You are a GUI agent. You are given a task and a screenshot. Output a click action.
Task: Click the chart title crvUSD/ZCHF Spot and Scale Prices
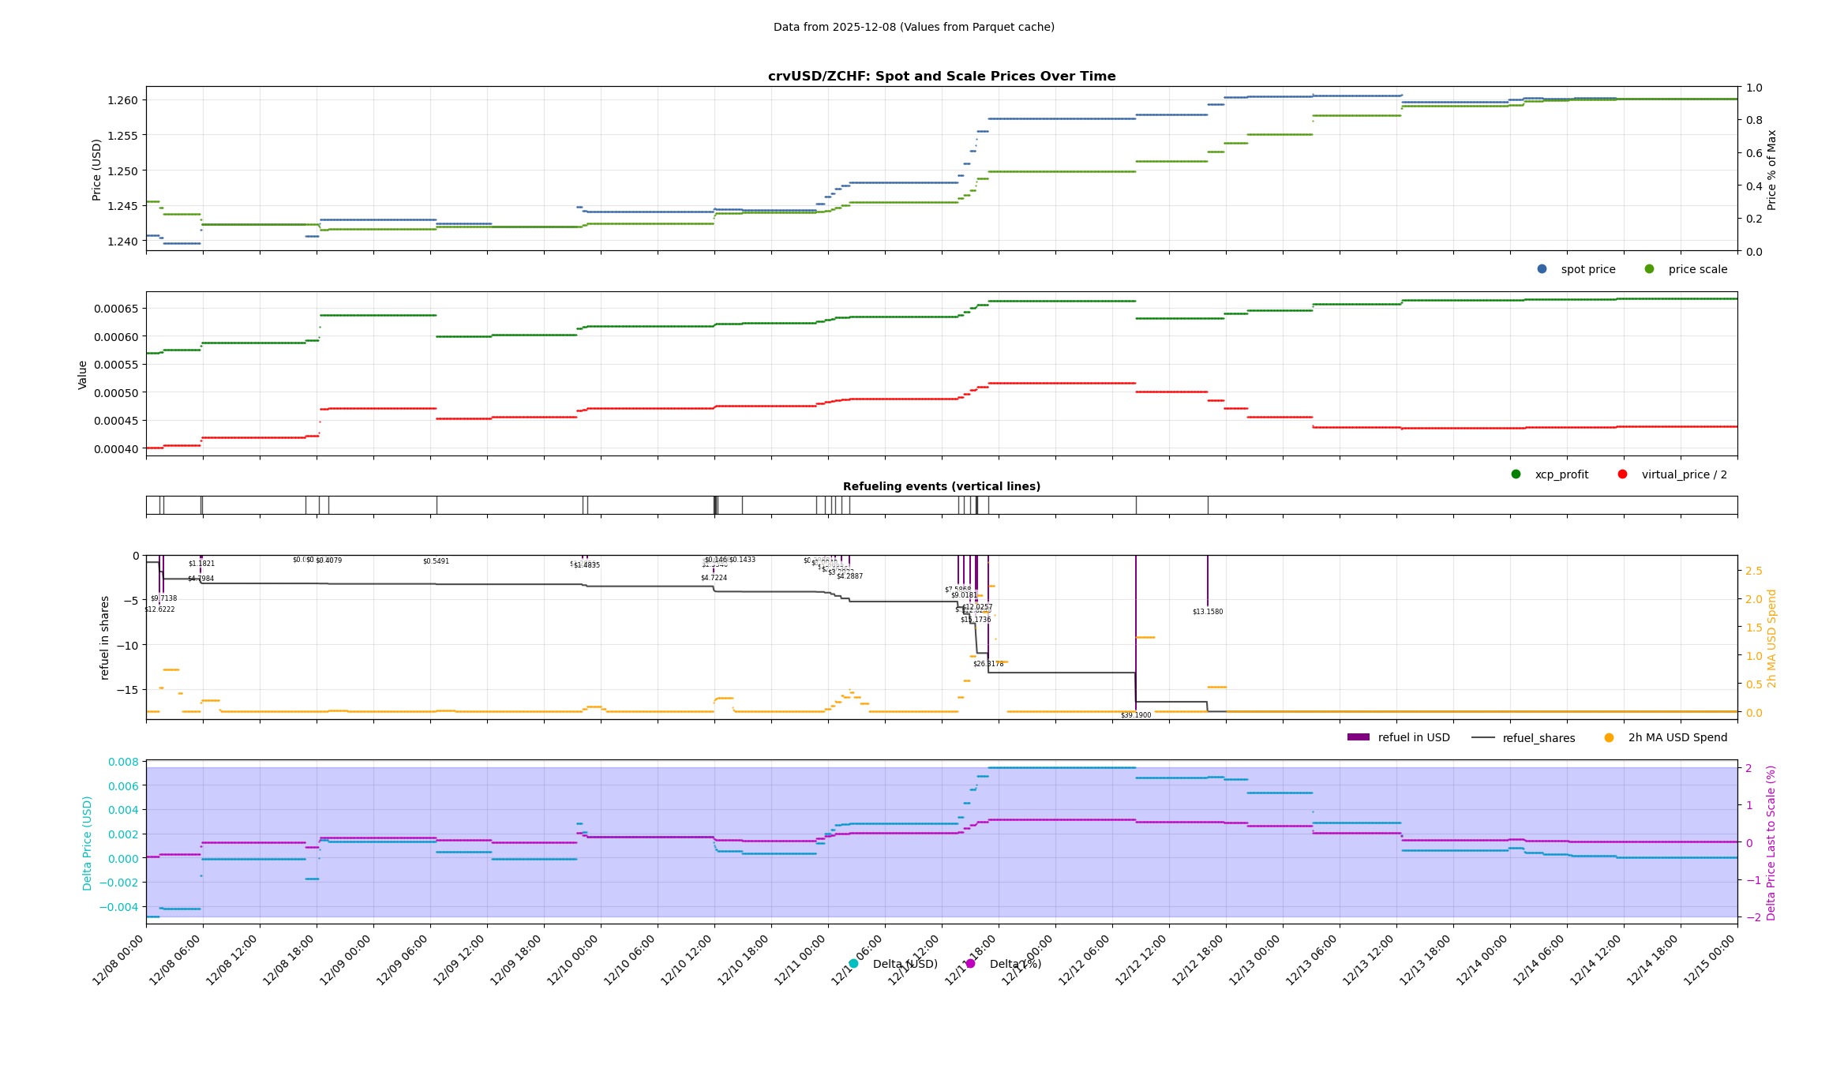[x=942, y=77]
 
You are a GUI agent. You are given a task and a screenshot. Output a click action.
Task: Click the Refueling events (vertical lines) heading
[x=942, y=487]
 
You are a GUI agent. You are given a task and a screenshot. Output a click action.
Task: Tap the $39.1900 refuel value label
[x=1136, y=715]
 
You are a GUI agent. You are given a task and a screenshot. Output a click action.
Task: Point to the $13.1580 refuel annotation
[x=1208, y=612]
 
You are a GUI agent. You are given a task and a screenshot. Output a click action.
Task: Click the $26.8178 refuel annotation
[x=988, y=664]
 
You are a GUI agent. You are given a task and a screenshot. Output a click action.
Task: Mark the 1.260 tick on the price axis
[x=122, y=100]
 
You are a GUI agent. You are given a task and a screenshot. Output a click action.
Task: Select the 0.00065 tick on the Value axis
[x=115, y=309]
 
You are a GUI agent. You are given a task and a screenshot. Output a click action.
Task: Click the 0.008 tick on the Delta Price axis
[x=123, y=762]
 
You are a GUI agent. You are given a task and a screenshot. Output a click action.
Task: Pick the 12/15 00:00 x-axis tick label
[x=1711, y=960]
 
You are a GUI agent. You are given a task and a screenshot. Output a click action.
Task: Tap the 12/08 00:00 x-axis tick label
[x=119, y=960]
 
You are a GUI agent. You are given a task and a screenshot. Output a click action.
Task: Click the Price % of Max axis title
[x=1771, y=170]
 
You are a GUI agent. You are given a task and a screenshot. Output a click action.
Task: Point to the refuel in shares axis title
[x=105, y=638]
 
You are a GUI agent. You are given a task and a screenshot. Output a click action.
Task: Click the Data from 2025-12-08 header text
[x=913, y=28]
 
